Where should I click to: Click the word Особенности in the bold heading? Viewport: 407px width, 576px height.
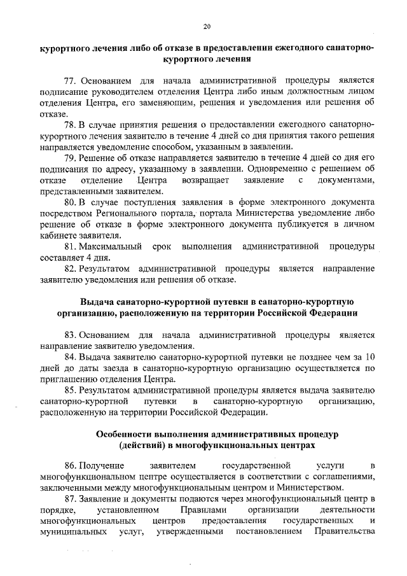coord(130,433)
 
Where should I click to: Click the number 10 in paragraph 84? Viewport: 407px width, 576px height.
coord(369,356)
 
